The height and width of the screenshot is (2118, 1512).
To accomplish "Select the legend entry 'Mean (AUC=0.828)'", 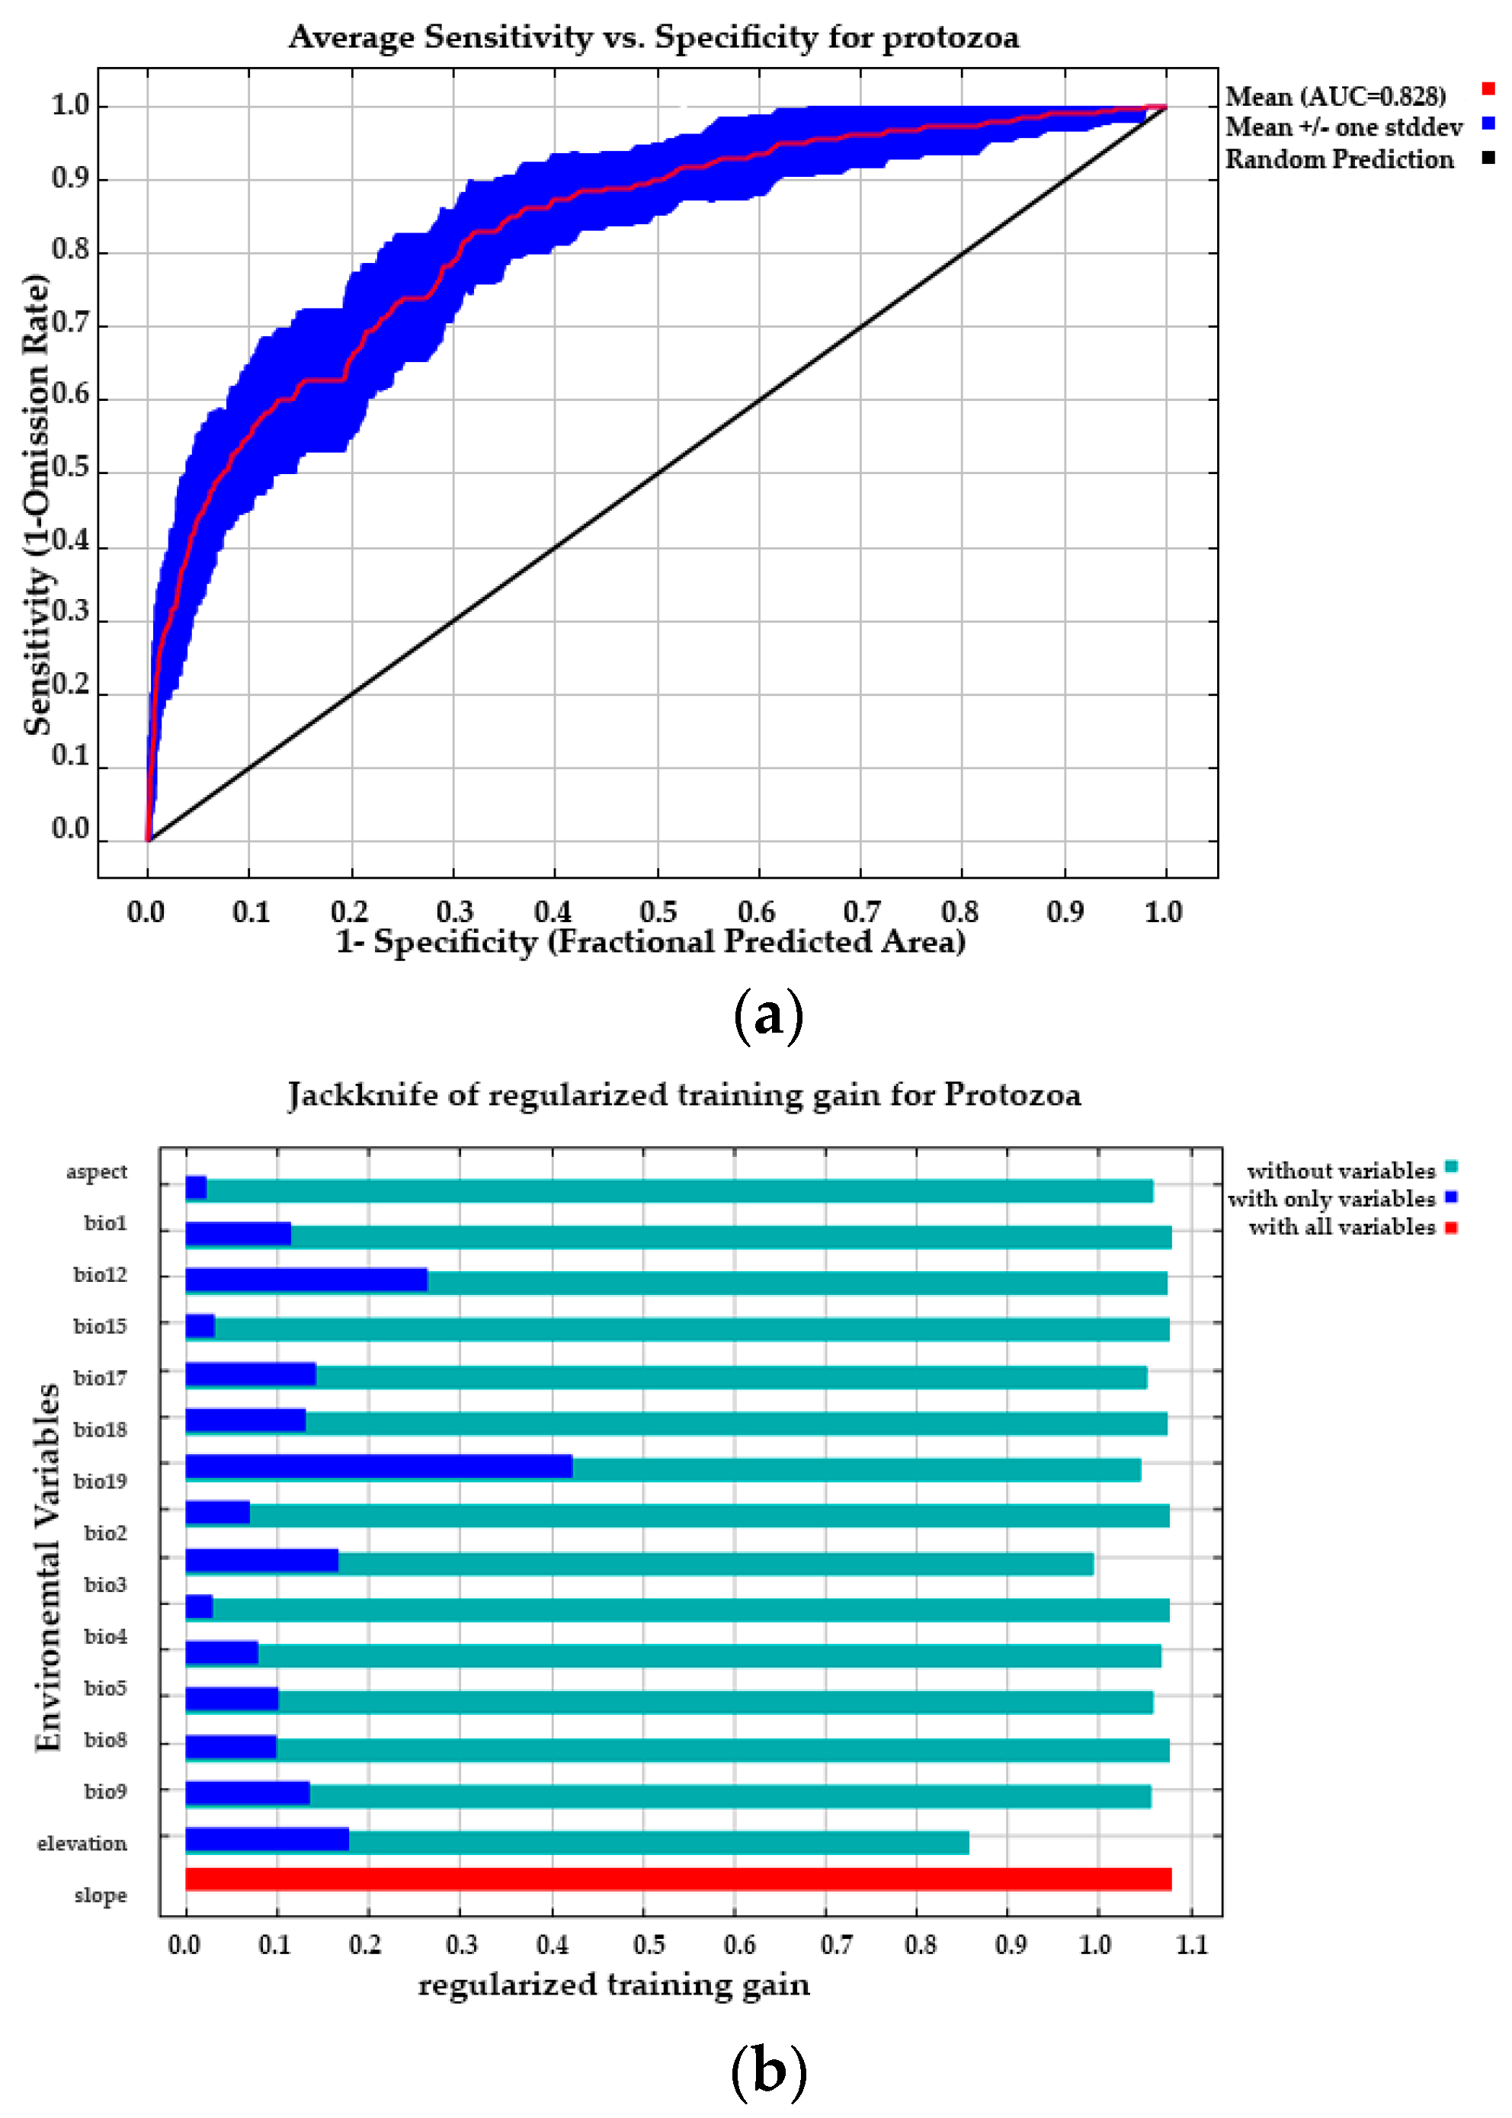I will [x=1335, y=96].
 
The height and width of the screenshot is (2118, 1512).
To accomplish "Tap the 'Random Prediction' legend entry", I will [x=1339, y=159].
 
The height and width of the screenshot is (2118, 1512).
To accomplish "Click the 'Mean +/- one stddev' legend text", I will [x=1344, y=127].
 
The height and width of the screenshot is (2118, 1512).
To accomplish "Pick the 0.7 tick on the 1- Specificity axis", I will [x=860, y=912].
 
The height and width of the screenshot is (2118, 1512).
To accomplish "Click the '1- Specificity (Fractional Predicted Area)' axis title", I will [x=650, y=942].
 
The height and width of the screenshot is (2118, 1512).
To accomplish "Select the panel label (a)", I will [x=767, y=1016].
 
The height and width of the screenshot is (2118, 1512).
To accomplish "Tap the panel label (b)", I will [x=767, y=2072].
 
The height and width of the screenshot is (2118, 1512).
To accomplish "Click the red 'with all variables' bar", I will [x=678, y=1879].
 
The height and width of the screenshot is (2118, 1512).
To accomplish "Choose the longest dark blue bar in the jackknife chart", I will [x=378, y=1467].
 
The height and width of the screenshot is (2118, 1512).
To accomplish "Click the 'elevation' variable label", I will [x=82, y=1844].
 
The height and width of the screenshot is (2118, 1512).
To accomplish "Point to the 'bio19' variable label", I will [x=100, y=1481].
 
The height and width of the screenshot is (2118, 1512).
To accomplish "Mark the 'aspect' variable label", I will [x=96, y=1171].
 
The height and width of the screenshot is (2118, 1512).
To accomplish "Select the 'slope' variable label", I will [x=100, y=1895].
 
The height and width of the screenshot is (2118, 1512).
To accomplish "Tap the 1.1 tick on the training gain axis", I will [x=1191, y=1945].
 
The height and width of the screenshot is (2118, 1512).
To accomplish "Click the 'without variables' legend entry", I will [x=1341, y=1170].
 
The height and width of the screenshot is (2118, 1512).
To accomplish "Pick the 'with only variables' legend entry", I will [x=1331, y=1198].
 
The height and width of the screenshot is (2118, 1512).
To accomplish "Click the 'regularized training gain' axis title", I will [x=613, y=1984].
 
